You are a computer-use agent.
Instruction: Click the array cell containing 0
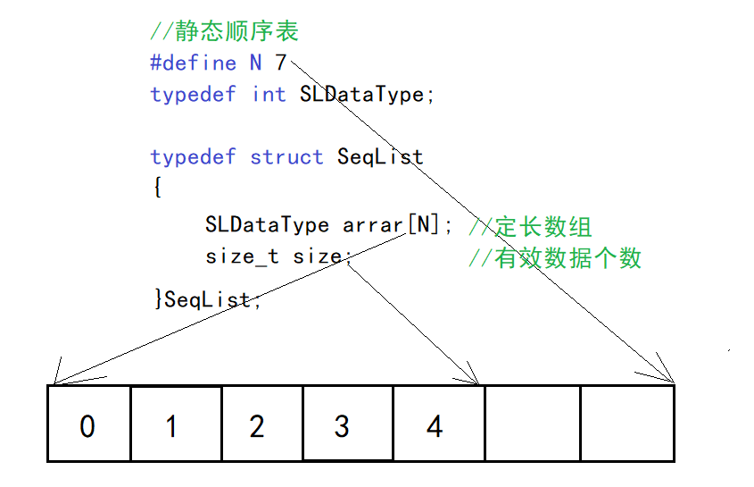tap(88, 424)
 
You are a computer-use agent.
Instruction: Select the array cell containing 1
tap(175, 424)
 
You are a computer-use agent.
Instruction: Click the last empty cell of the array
tap(626, 424)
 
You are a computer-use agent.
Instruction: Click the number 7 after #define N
tap(280, 63)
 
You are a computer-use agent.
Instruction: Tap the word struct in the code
tap(286, 157)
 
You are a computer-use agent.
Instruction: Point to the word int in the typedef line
tap(269, 94)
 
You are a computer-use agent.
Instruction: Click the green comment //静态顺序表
tap(224, 32)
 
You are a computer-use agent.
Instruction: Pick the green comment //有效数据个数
tap(554, 258)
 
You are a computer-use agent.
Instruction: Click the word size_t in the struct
tap(242, 257)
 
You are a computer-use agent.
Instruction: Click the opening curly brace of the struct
tap(157, 189)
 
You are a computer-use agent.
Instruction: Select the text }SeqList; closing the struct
tap(208, 299)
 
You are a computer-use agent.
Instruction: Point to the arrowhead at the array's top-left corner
tap(55, 376)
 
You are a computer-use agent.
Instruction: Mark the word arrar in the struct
tap(373, 225)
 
